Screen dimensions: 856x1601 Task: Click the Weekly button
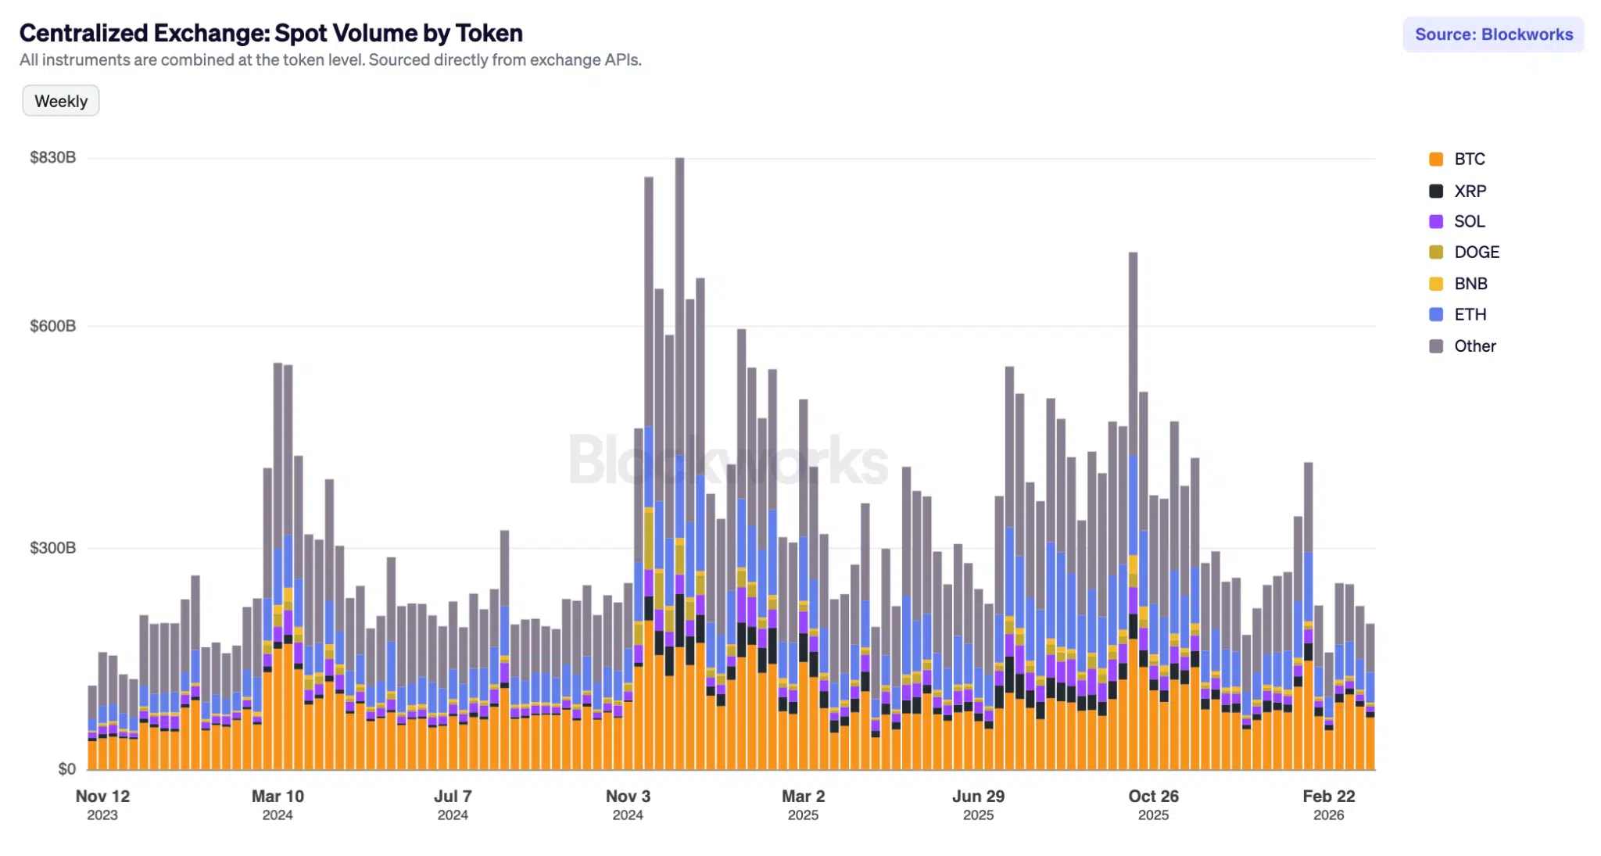click(x=61, y=101)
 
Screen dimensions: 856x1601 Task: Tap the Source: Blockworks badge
click(x=1493, y=34)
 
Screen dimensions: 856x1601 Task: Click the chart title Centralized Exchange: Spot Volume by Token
click(x=270, y=33)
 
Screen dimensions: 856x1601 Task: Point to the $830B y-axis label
click(x=52, y=157)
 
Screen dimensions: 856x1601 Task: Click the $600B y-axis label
click(x=52, y=326)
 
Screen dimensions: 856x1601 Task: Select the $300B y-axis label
click(x=52, y=547)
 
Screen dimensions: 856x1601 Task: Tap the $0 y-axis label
click(x=66, y=768)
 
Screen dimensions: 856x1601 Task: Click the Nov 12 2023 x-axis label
click(x=102, y=804)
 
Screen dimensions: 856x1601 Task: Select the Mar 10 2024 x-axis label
click(x=278, y=804)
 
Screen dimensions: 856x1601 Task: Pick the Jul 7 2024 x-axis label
click(x=453, y=804)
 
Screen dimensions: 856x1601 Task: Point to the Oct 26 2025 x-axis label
click(x=1153, y=804)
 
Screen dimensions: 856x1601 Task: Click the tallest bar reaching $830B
click(x=679, y=313)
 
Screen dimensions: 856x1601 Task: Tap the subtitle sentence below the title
click(x=330, y=60)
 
